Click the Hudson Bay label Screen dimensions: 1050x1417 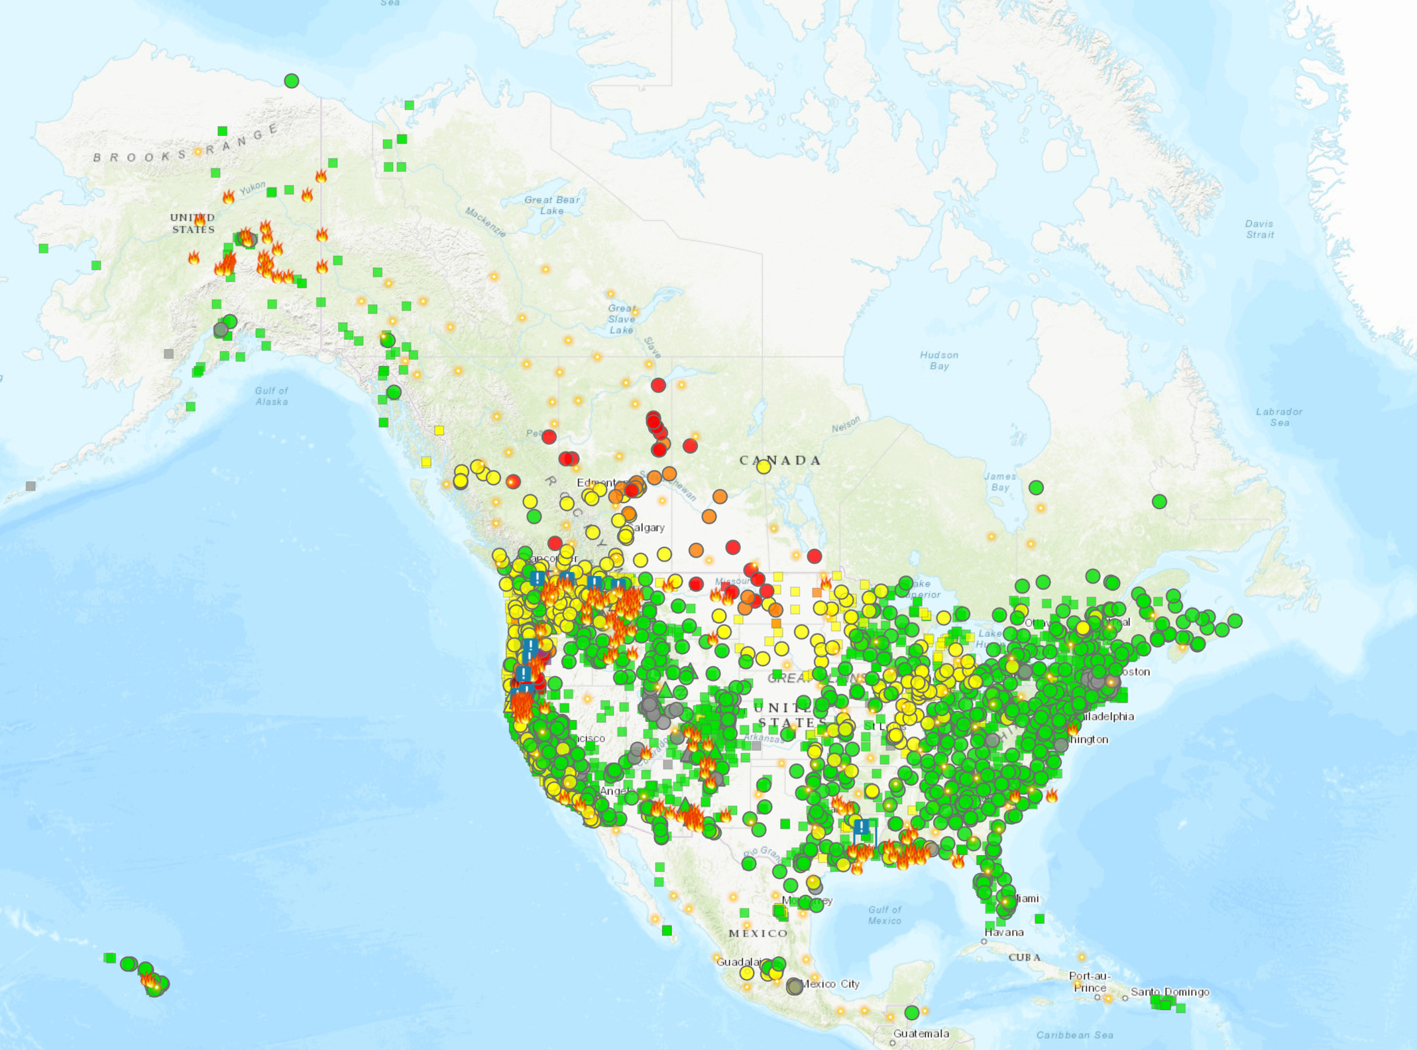coord(938,360)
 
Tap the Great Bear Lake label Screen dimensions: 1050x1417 coord(551,205)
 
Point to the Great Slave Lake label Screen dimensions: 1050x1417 coord(621,319)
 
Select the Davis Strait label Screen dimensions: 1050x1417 coord(1259,229)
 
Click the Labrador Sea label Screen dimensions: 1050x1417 coord(1279,417)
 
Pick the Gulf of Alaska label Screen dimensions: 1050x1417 coord(272,396)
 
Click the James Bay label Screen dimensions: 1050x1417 coord(1000,481)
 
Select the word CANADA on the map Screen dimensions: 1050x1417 coord(780,460)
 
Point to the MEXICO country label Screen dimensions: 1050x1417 coord(758,933)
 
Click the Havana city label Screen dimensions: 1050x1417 coord(1004,932)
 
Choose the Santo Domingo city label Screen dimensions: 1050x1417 coord(1170,992)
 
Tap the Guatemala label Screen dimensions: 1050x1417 coord(921,1033)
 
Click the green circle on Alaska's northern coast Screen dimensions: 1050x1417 coord(292,81)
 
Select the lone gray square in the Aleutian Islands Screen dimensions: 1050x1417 coord(30,486)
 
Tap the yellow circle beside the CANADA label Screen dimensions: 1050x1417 coord(764,467)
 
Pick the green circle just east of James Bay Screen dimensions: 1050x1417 coord(1036,488)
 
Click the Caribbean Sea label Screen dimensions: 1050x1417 coord(1074,1035)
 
